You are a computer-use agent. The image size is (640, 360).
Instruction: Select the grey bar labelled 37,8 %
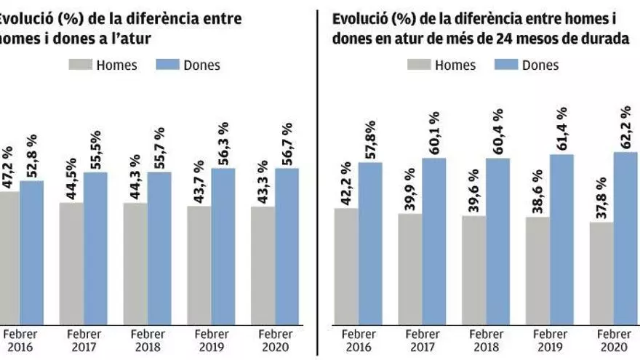click(x=601, y=273)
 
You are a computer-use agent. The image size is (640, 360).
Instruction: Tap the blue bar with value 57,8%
click(x=370, y=243)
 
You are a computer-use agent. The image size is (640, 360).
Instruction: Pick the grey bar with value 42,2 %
click(x=346, y=266)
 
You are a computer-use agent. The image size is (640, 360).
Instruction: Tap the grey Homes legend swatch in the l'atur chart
click(x=82, y=65)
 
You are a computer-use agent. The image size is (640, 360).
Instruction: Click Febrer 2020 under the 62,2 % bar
click(x=613, y=341)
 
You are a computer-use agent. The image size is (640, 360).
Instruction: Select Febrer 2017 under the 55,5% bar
click(x=84, y=341)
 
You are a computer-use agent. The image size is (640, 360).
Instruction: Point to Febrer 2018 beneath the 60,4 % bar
click(x=485, y=341)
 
